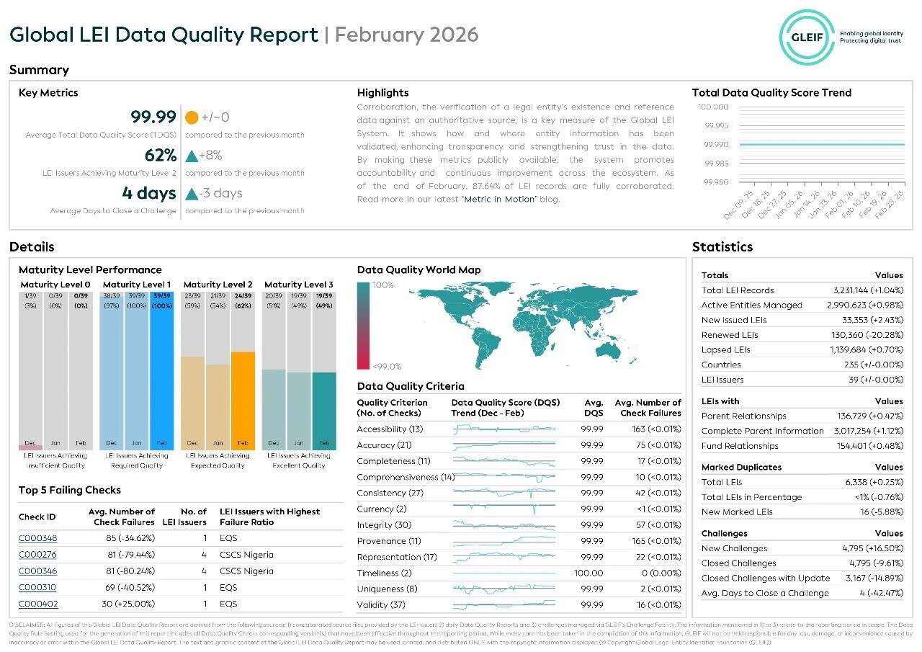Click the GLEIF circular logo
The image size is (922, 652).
(807, 36)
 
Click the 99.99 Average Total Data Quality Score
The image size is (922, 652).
(153, 117)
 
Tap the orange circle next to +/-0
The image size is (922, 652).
(192, 117)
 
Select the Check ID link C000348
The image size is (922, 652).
(37, 538)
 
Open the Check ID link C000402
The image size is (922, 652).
(38, 604)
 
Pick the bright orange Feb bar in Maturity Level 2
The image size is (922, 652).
(243, 400)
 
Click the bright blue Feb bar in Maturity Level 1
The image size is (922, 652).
(161, 367)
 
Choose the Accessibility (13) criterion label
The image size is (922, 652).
(390, 429)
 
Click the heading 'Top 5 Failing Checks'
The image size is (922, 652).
(70, 491)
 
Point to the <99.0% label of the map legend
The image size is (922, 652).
(387, 366)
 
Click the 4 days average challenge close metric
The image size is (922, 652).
(149, 193)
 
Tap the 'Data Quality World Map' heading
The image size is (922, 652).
(419, 270)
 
